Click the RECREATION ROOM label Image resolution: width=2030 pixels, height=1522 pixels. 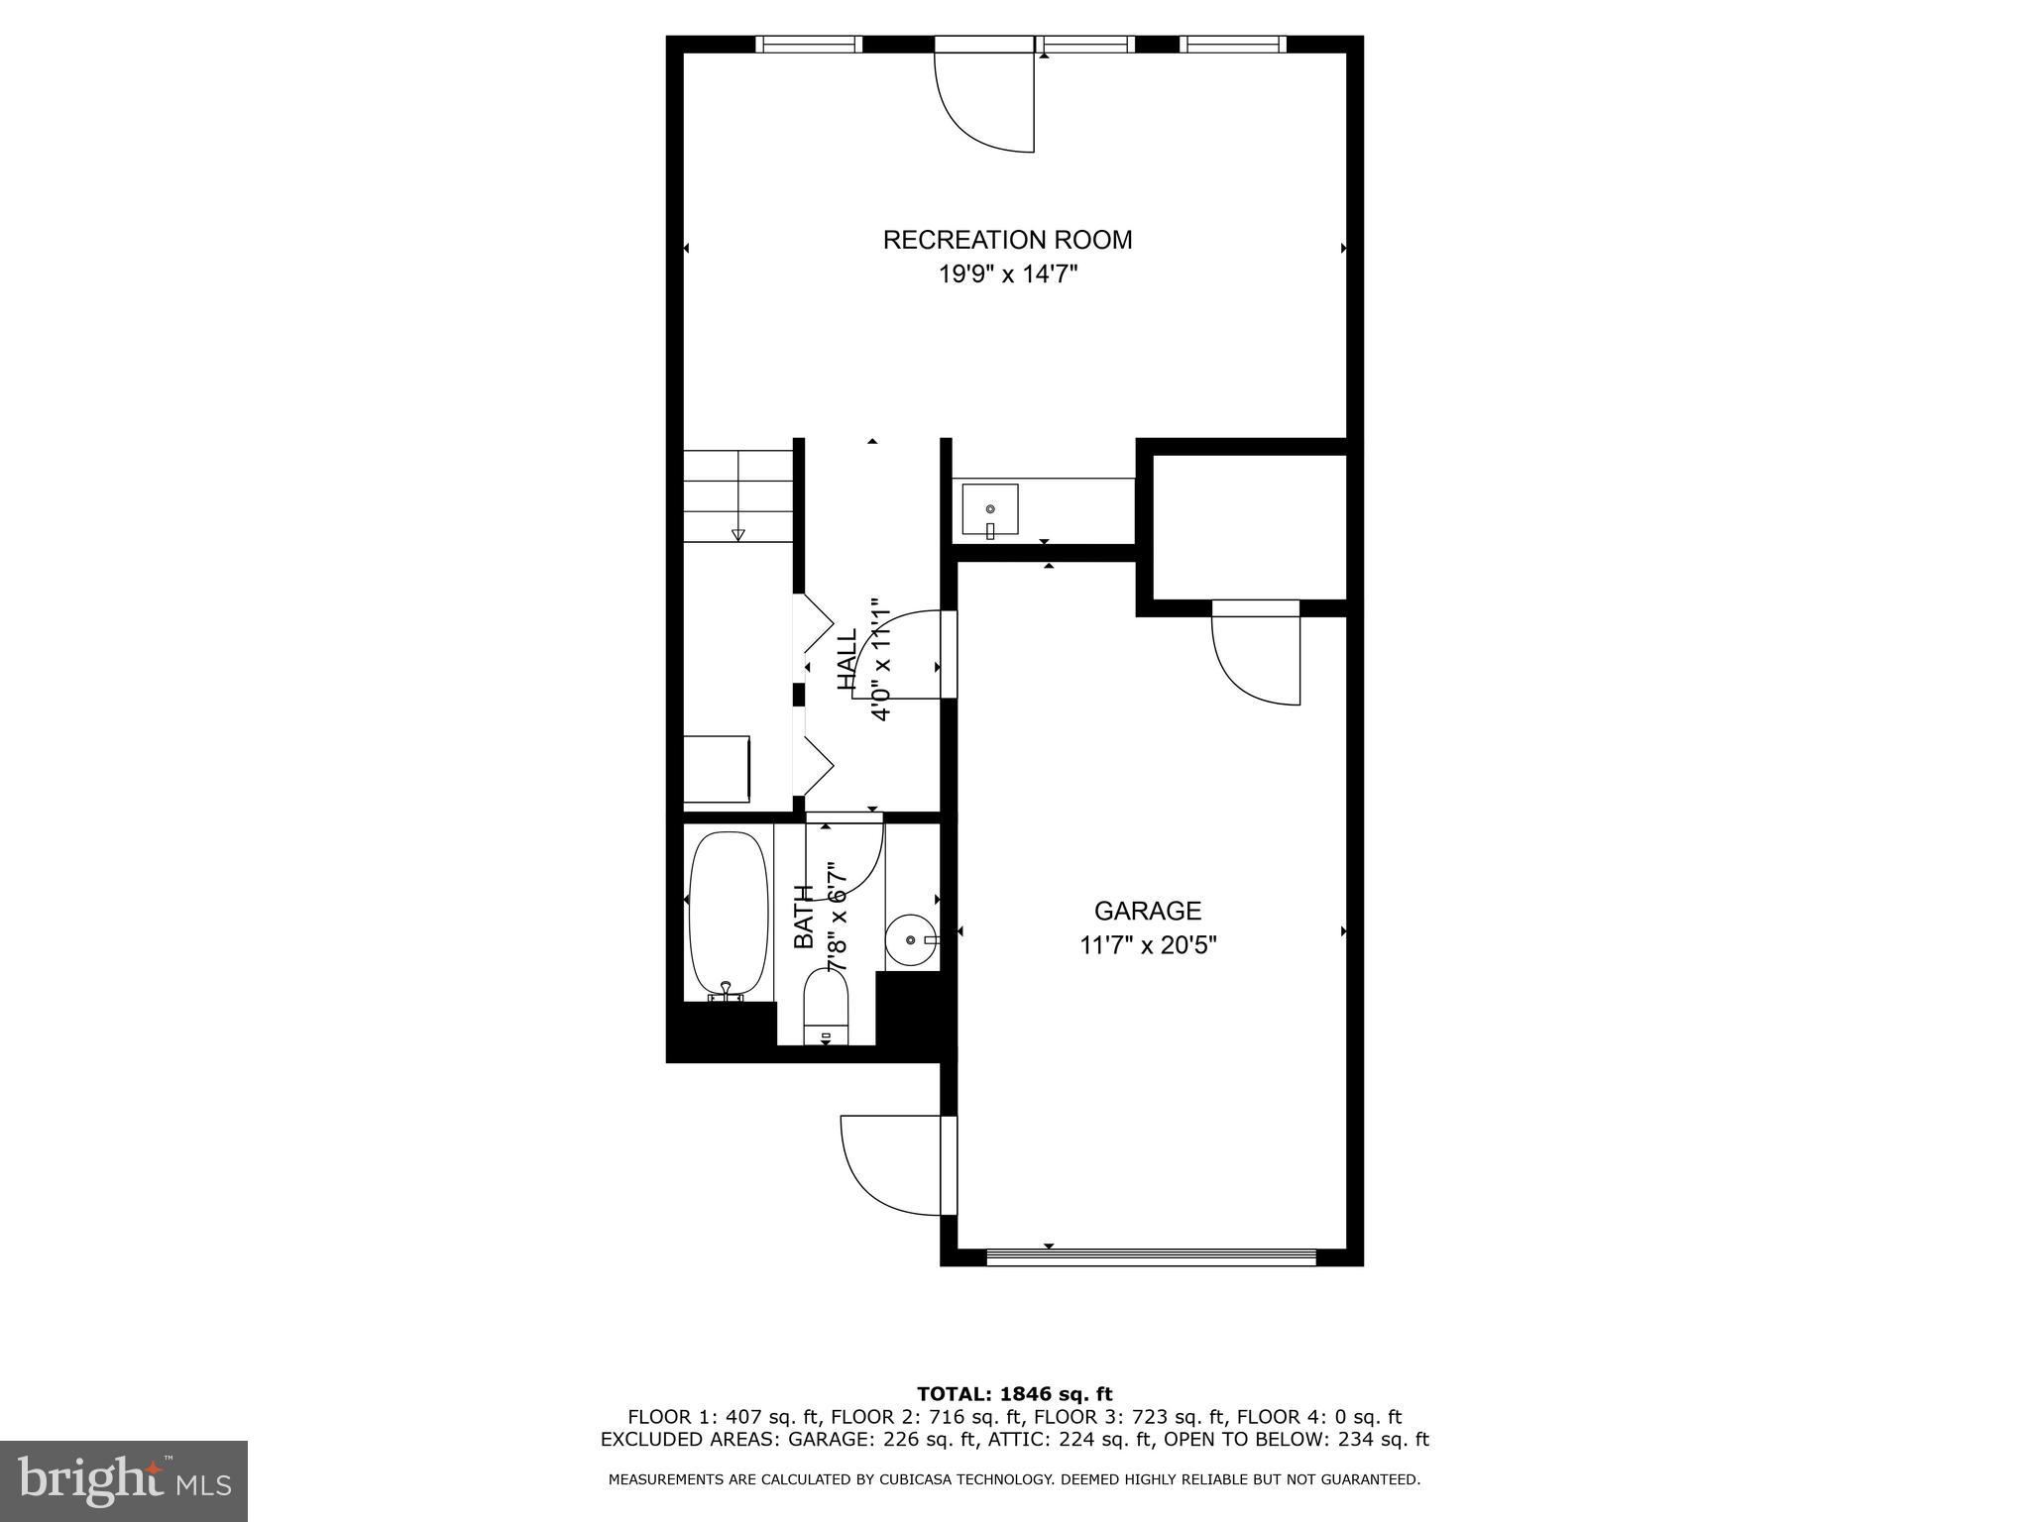[x=1007, y=240]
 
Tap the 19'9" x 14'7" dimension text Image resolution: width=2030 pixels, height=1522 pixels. [x=1007, y=274]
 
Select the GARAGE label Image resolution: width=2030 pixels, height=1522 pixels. [x=1147, y=911]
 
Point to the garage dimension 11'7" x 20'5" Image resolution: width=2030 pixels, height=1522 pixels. [x=1147, y=945]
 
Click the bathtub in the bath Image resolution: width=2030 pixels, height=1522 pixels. [x=729, y=913]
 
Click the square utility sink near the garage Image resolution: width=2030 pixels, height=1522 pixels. [x=990, y=511]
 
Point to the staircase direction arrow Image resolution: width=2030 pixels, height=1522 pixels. [x=737, y=534]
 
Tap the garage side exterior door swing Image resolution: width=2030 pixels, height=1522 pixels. [x=892, y=1164]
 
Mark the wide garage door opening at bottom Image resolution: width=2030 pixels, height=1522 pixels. [x=1150, y=1256]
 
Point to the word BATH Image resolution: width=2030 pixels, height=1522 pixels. [x=804, y=917]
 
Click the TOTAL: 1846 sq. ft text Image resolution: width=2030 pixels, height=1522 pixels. [x=1014, y=1395]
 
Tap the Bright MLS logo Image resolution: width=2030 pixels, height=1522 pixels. [x=124, y=1481]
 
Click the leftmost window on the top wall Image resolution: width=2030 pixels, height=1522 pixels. [x=809, y=44]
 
